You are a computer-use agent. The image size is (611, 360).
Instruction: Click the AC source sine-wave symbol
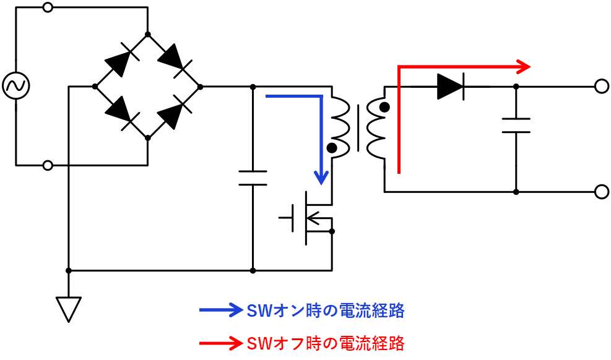(x=14, y=87)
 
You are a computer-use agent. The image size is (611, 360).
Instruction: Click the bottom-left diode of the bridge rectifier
(x=120, y=112)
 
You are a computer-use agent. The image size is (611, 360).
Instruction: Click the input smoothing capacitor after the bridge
(x=253, y=178)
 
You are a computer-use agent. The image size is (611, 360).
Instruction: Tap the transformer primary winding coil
(x=339, y=127)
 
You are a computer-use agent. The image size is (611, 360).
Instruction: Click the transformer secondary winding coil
(x=376, y=127)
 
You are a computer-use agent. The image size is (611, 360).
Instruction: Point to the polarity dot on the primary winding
(x=332, y=148)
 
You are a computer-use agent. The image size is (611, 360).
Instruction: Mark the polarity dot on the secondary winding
(x=384, y=108)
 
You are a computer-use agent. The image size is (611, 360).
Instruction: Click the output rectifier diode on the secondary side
(x=450, y=87)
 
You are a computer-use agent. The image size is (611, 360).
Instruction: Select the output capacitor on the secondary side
(x=516, y=125)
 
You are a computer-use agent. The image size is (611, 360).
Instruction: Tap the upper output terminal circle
(x=600, y=87)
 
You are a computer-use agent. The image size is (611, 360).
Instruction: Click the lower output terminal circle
(x=600, y=192)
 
